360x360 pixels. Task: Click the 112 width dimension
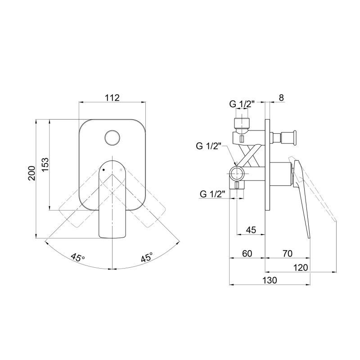tap(112, 98)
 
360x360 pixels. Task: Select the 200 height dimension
tap(31, 173)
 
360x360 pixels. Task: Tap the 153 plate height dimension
tap(45, 164)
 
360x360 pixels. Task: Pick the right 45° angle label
tap(147, 257)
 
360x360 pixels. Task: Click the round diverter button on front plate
tap(112, 138)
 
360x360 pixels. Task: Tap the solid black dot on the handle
tap(103, 170)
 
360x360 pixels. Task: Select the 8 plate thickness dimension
tap(282, 98)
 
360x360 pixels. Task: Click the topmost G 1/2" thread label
tap(242, 104)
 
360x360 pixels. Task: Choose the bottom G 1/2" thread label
tap(212, 194)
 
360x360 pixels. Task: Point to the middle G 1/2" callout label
tap(208, 146)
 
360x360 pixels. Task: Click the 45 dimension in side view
tap(251, 230)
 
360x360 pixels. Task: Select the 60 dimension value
tap(247, 253)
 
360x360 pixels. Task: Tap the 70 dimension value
tap(287, 253)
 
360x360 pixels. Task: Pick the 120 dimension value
tap(301, 267)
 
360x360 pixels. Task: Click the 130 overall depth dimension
tap(270, 280)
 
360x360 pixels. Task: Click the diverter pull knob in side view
tap(284, 138)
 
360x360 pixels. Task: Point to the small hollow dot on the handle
tap(121, 170)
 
